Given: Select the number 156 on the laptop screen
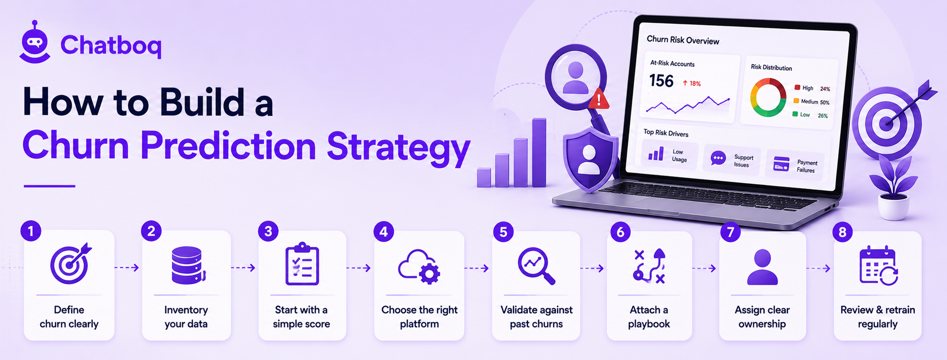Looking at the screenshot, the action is coord(661,81).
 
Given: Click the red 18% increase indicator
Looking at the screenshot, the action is coord(692,83).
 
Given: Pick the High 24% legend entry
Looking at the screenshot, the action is coord(812,88).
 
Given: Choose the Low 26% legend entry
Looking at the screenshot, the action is coord(810,115).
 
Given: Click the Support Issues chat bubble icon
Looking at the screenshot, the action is coord(718,159).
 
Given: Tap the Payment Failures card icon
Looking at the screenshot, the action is coord(781,164).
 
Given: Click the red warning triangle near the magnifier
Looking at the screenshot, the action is coord(599,99).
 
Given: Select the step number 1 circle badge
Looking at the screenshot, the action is coord(31,231).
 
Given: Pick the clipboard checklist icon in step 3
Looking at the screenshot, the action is coord(302,264).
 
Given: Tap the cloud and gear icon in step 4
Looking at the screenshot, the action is coord(419,267).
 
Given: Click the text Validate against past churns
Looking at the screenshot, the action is coord(536,317).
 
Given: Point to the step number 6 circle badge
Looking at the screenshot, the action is coord(620,232).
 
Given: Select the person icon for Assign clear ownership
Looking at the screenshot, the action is coord(762,267).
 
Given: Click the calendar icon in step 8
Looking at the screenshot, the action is coord(878,265).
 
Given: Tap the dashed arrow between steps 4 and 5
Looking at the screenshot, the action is coord(476,268).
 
